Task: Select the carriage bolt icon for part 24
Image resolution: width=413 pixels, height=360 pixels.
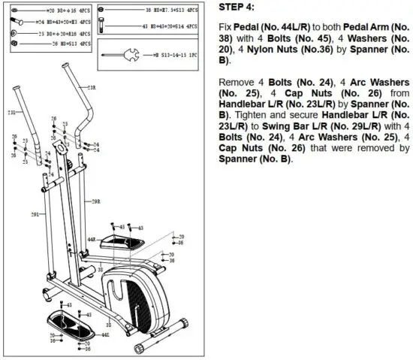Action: point(17,23)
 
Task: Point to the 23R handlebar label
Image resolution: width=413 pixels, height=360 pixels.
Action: point(91,88)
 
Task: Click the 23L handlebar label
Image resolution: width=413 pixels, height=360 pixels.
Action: point(11,112)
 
